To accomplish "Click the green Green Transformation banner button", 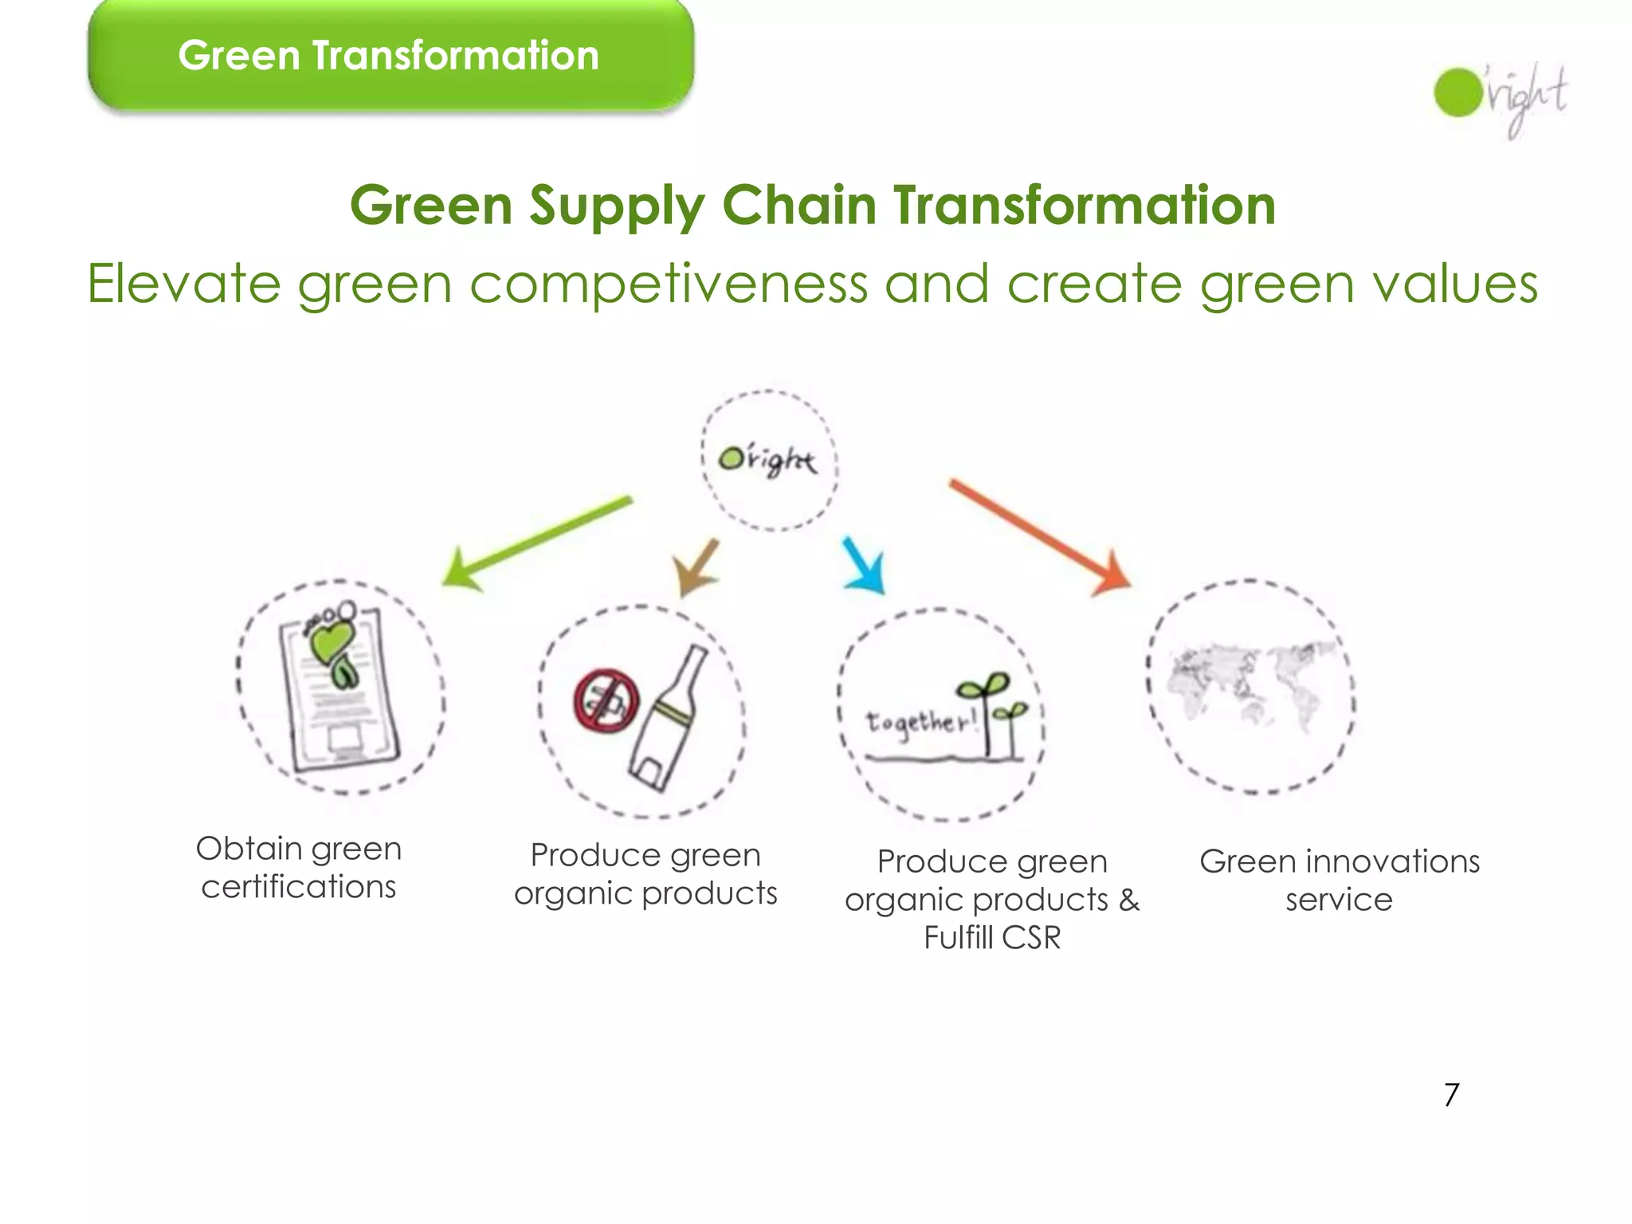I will point(390,56).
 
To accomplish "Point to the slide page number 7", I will point(1451,1095).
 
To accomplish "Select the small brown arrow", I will point(696,567).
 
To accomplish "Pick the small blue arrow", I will point(865,566).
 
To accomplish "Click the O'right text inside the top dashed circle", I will point(767,461).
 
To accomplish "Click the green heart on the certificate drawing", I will point(329,641).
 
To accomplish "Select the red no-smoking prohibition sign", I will point(606,700).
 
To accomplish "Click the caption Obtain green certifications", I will point(299,868).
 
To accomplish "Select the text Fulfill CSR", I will point(992,938).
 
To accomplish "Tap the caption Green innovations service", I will point(1339,881).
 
